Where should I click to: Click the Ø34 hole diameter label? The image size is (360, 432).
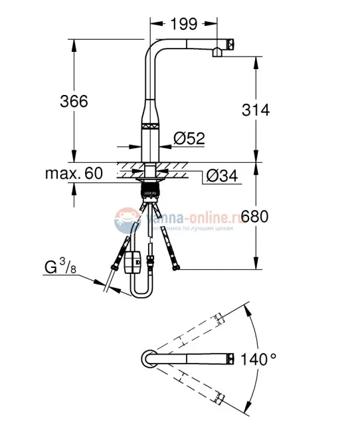point(221,176)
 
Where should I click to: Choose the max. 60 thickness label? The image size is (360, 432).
point(74,174)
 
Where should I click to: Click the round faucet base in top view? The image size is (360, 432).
point(148,358)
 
